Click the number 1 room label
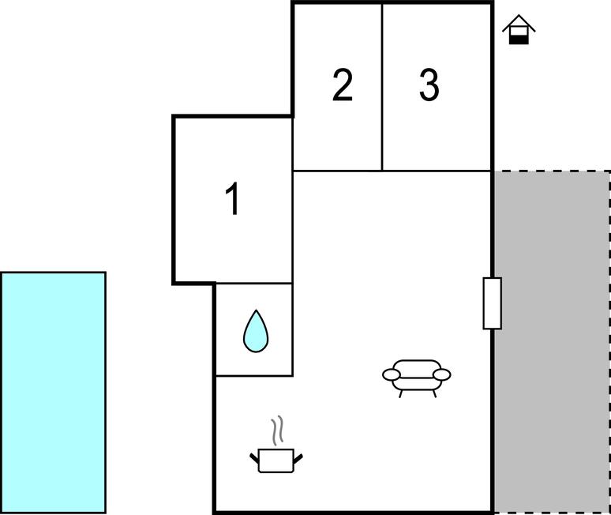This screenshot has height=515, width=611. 233,199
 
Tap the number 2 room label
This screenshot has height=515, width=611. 343,85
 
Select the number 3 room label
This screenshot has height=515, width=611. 429,85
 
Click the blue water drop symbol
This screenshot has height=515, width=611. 256,332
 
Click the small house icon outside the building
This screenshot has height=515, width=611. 519,30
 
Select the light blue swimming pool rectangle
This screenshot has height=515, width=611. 54,393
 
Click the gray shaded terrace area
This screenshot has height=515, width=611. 552,341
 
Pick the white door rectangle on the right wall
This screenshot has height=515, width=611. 492,303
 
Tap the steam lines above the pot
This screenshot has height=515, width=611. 277,430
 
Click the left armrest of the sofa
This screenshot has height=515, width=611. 392,374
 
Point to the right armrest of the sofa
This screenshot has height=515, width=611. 442,374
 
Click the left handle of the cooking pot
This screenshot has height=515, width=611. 254,458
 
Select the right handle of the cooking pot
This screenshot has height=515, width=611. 298,458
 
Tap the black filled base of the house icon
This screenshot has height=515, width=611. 519,39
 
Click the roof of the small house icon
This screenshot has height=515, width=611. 519,23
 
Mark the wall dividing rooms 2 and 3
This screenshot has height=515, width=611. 382,88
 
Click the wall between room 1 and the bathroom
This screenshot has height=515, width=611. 254,284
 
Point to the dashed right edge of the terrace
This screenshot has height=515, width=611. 609,341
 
